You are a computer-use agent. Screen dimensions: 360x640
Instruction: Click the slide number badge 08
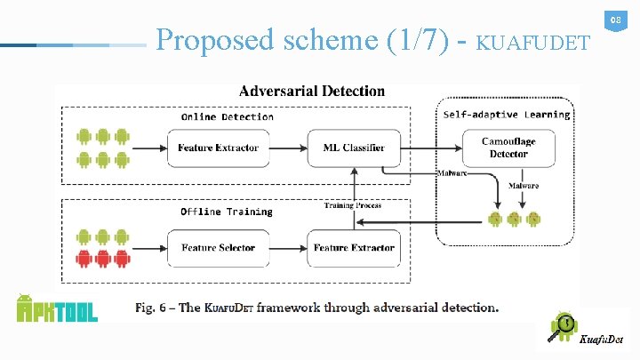point(613,20)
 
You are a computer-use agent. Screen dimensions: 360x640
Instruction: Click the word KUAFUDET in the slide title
point(532,42)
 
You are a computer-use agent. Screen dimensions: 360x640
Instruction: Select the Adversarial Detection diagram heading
point(312,91)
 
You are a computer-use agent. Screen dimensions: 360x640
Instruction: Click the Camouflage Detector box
point(508,148)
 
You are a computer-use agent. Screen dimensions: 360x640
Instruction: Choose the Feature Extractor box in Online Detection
point(218,148)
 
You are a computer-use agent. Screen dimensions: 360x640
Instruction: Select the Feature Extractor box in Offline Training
point(354,247)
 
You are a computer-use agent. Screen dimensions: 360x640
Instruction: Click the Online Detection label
point(227,116)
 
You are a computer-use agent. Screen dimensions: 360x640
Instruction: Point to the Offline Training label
point(226,212)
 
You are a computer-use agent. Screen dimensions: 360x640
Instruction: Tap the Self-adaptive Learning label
point(507,115)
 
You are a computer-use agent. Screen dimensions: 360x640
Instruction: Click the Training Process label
point(353,205)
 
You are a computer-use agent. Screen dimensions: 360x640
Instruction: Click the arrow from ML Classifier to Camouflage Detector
point(431,148)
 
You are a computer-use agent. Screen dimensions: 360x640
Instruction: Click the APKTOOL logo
point(57,308)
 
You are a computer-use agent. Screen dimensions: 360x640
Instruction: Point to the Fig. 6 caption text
point(316,308)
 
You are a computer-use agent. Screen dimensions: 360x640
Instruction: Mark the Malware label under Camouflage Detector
point(523,186)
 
